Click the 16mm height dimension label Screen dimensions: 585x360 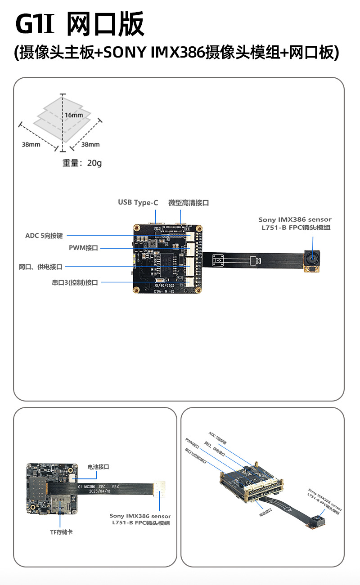73,115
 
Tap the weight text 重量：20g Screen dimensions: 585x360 82,163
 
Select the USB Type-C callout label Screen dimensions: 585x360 138,203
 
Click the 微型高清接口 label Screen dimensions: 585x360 189,203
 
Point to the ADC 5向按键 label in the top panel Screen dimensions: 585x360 44,235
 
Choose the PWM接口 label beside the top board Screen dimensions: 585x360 83,248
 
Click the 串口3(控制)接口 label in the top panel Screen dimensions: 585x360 75,283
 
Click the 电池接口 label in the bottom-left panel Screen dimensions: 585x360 99,467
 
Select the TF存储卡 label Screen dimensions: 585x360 61,532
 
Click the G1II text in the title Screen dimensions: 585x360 35,25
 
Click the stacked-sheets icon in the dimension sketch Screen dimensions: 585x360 63,115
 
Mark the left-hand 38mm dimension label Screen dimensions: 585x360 31,144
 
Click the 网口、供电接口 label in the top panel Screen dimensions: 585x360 40,267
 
